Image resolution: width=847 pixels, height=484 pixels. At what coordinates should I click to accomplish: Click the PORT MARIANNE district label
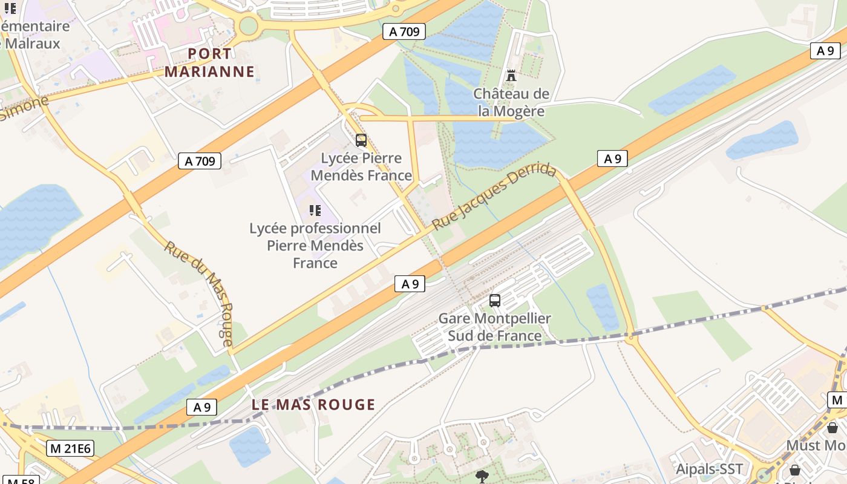coord(209,62)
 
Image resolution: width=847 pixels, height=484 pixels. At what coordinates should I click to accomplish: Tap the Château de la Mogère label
coord(511,102)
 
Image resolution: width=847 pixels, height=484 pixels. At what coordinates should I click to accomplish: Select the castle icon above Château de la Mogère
coord(511,76)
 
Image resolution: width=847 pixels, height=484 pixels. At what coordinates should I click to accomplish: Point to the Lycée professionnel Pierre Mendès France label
coord(315,246)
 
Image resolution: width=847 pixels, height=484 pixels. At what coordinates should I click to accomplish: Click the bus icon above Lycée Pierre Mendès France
coord(361,140)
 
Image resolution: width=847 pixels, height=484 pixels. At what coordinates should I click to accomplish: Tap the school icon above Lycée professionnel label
coord(315,211)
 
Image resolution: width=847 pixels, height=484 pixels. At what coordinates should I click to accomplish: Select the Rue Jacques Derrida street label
coord(494,195)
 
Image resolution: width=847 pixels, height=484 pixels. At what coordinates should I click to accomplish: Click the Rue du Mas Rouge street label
coord(199,293)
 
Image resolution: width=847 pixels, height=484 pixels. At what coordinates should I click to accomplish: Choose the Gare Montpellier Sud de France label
coord(494,327)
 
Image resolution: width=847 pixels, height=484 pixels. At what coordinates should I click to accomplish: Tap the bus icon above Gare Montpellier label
coord(495,300)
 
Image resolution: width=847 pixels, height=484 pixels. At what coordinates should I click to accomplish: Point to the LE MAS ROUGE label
coord(313,405)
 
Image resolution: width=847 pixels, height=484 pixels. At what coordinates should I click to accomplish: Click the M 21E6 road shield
coord(70,448)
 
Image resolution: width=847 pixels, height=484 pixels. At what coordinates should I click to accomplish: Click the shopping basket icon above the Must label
coord(832,428)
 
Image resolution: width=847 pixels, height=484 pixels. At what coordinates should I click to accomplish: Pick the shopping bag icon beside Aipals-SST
coord(795,470)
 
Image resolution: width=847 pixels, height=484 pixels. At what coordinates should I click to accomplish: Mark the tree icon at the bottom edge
coord(482,476)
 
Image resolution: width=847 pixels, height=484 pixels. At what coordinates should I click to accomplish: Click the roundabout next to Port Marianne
coord(248,26)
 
